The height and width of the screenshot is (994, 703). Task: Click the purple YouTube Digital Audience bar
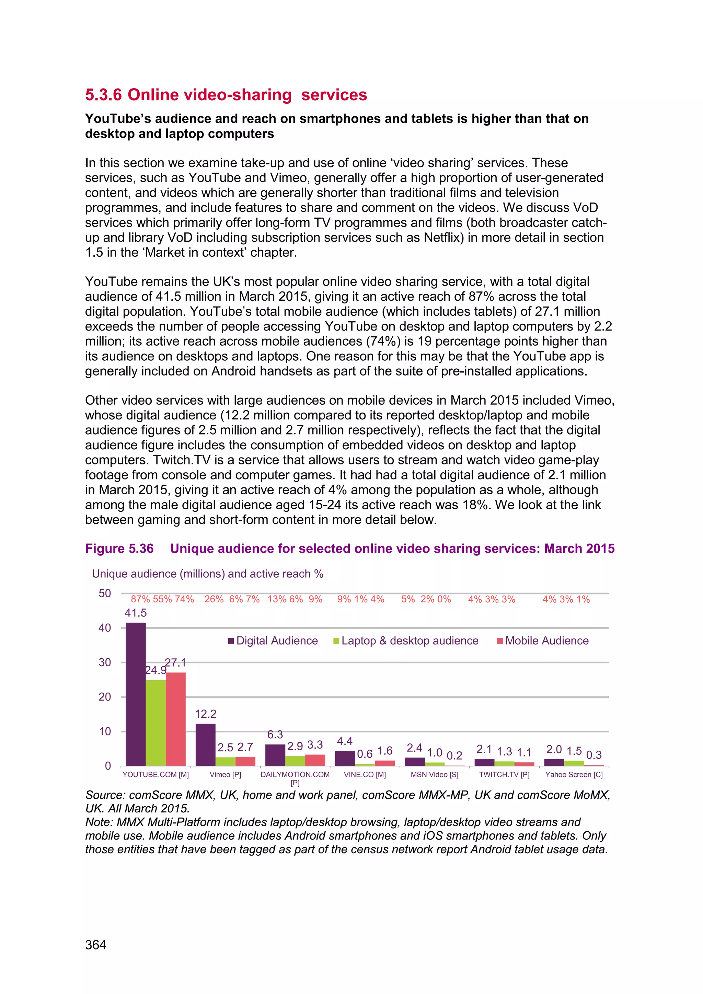coord(136,694)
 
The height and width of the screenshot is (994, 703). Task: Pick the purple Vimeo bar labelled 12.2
coord(205,744)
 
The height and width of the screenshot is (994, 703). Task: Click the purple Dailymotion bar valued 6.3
coord(275,755)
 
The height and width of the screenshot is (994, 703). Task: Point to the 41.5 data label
coord(136,613)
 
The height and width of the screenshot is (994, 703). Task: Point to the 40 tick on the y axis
coord(105,628)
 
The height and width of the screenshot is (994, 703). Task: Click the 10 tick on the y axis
coord(105,732)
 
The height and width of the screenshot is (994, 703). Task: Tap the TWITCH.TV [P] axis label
coord(504,775)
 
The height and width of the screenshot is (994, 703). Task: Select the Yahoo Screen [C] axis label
coord(574,775)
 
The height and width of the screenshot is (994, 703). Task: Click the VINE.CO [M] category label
coord(365,775)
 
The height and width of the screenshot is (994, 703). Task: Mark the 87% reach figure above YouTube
coord(140,599)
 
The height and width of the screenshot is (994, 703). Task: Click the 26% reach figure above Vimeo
coord(214,599)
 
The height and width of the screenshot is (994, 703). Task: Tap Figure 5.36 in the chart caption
coord(119,548)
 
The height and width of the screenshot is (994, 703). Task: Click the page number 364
coord(96,945)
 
